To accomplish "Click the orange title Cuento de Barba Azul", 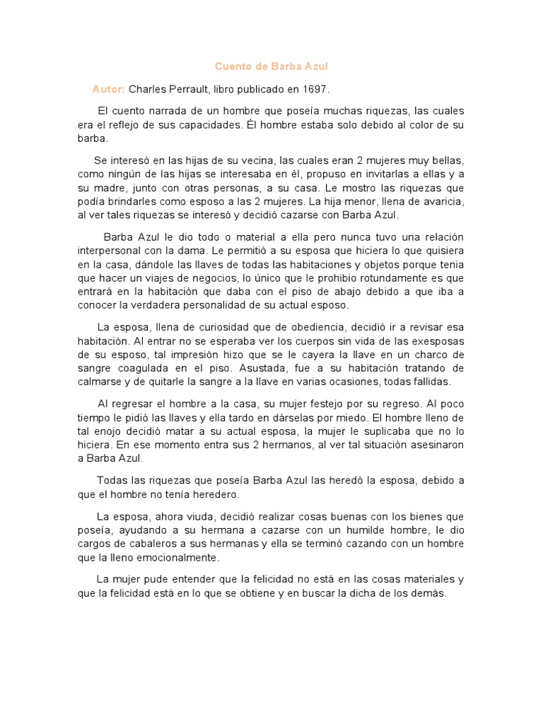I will click(x=271, y=66).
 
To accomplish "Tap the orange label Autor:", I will click(x=108, y=90).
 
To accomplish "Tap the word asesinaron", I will click(x=432, y=444).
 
